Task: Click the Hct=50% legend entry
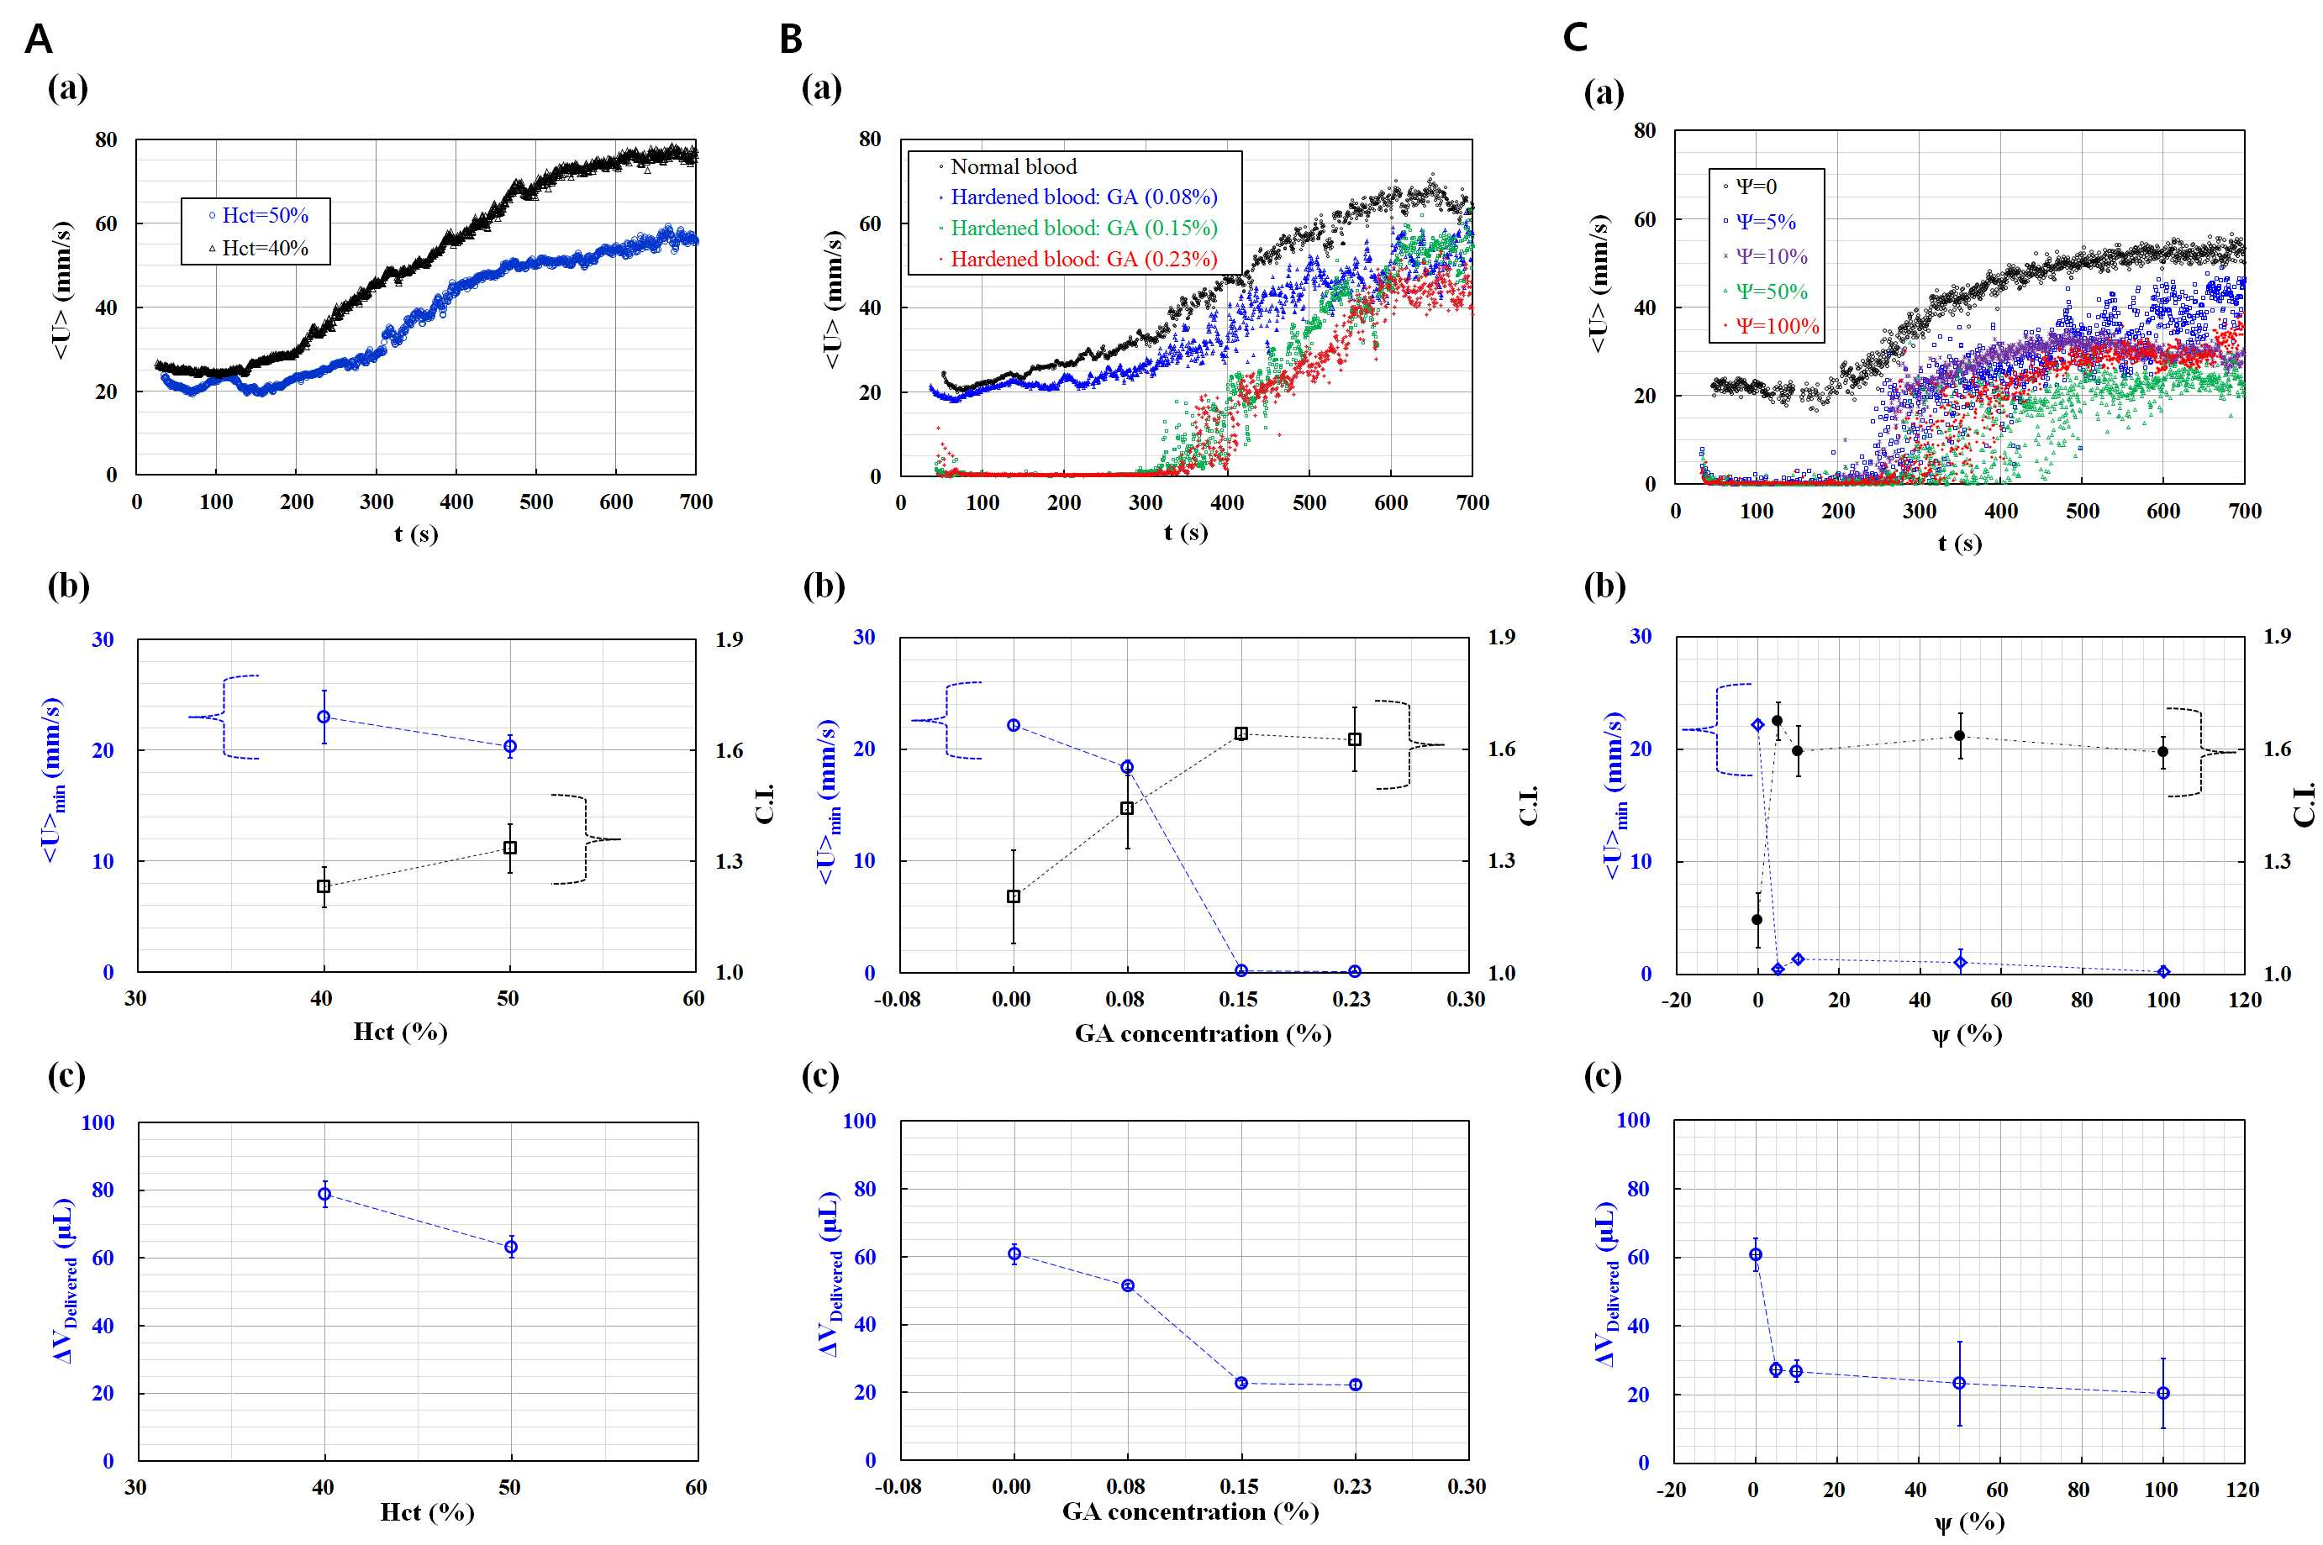pyautogui.click(x=258, y=215)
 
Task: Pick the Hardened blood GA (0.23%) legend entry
pyautogui.click(x=1078, y=259)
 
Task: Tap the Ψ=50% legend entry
pyautogui.click(x=1765, y=292)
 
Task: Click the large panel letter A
pyautogui.click(x=39, y=39)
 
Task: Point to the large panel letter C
pyautogui.click(x=1575, y=38)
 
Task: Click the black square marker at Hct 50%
pyautogui.click(x=509, y=848)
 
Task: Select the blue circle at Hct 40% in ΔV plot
pyautogui.click(x=324, y=1194)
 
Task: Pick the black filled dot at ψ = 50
pyautogui.click(x=1959, y=735)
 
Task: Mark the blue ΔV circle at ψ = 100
pyautogui.click(x=2163, y=1393)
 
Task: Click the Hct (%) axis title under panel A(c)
pyautogui.click(x=427, y=1512)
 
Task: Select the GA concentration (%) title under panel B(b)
pyautogui.click(x=1203, y=1033)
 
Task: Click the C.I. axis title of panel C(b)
pyautogui.click(x=2305, y=805)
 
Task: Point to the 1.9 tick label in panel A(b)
pyautogui.click(x=730, y=639)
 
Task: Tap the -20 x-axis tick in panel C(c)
pyautogui.click(x=1672, y=1490)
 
